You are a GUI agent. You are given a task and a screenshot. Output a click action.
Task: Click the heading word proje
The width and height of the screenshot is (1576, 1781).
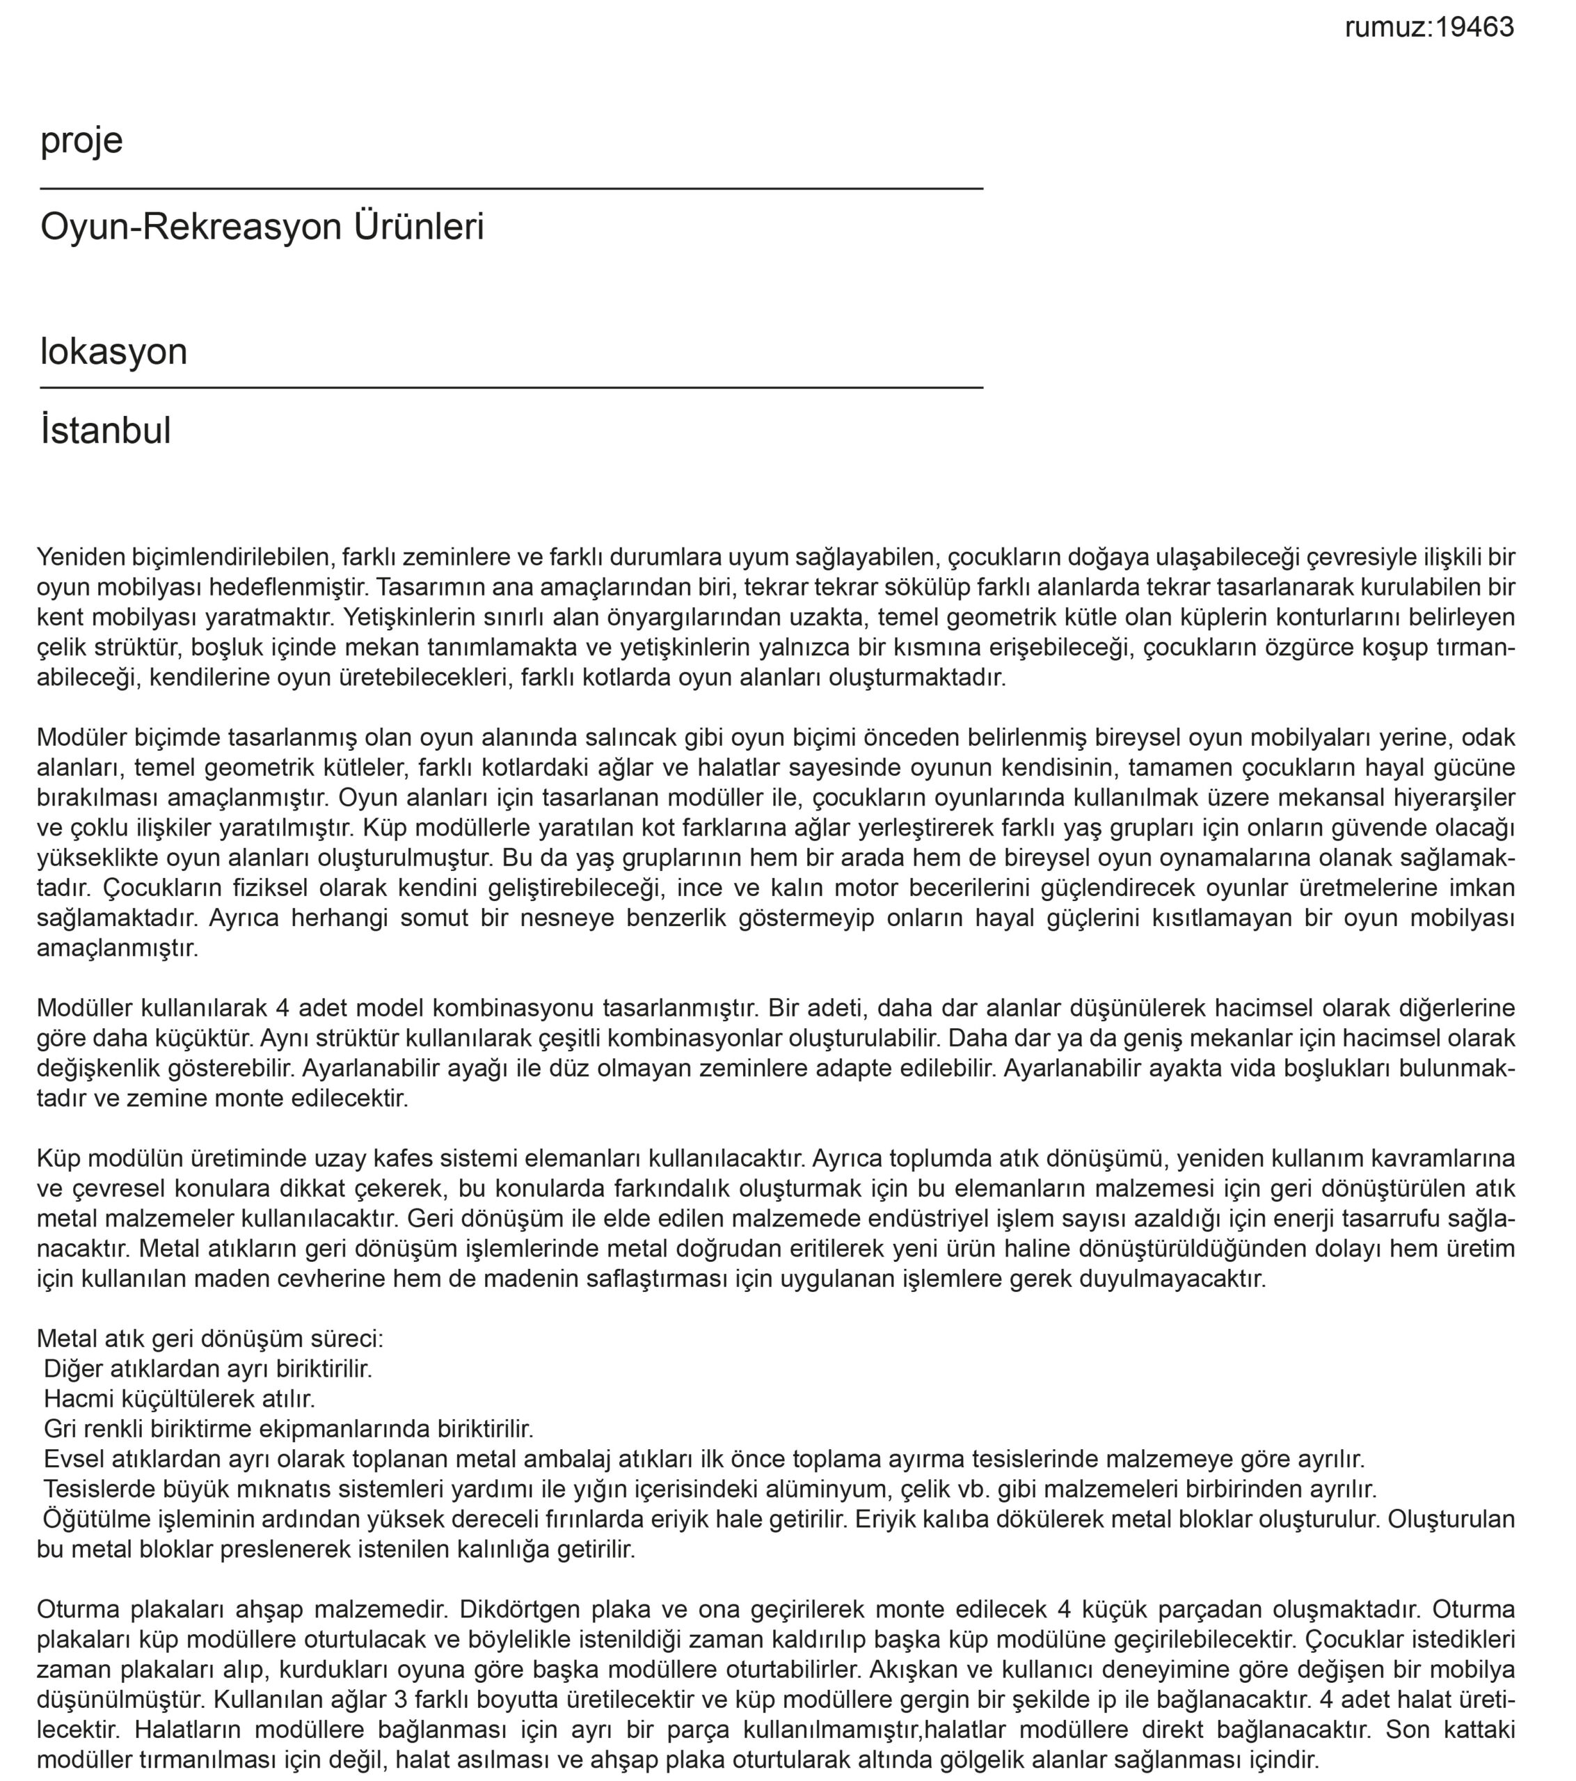pos(81,141)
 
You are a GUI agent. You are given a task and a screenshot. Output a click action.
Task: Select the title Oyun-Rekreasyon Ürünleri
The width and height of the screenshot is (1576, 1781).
pos(262,227)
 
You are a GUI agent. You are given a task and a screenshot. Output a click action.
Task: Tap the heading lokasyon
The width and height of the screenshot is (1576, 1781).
pos(113,352)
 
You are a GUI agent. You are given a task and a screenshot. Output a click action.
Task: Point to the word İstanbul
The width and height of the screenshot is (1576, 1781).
pos(106,431)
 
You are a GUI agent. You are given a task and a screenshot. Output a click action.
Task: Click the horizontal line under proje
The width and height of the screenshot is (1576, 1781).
pos(511,189)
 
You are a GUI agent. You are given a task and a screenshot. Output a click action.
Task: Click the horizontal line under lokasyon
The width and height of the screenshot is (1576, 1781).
pos(511,388)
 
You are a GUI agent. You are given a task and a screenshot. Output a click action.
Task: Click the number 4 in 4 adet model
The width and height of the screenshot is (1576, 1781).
pos(282,1009)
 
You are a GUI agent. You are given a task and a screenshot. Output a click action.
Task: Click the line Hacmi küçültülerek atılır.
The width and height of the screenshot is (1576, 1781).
pos(179,1399)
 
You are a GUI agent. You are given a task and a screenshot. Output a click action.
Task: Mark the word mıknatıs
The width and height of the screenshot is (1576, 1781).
pos(251,1489)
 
